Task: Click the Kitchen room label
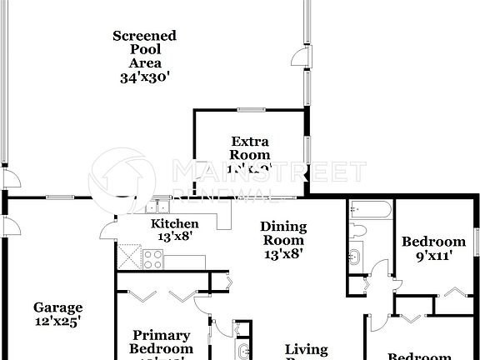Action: coord(174,223)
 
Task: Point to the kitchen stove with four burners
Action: coord(153,259)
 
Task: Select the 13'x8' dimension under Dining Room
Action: coord(283,254)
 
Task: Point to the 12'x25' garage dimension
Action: coord(58,321)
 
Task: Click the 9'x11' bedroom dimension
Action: coord(433,257)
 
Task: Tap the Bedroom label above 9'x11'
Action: coord(433,242)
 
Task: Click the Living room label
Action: coord(306,350)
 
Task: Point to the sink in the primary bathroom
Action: coord(242,350)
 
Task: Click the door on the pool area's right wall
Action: coord(297,57)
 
